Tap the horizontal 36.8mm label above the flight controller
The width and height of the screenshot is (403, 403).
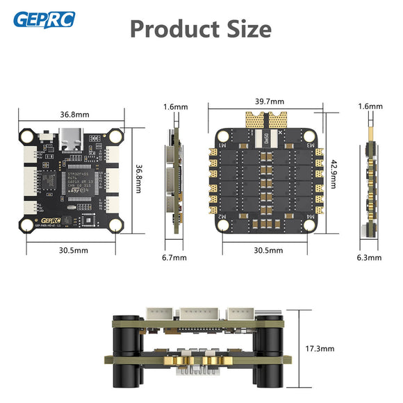(73, 114)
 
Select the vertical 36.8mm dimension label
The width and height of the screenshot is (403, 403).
(139, 179)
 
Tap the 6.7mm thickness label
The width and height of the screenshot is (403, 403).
(175, 258)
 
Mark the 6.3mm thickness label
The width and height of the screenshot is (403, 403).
(369, 258)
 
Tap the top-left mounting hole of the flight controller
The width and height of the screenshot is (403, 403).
(27, 133)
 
